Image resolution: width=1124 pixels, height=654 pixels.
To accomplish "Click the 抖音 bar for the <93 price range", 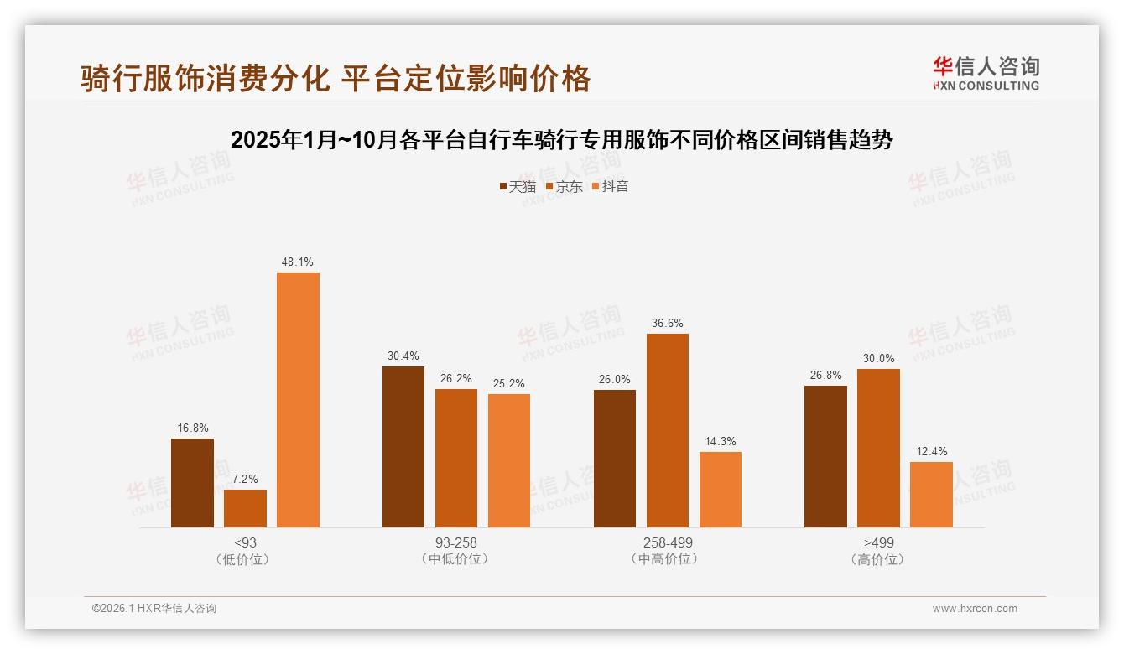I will point(298,400).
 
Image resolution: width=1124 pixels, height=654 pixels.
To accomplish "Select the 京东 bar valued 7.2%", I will point(245,509).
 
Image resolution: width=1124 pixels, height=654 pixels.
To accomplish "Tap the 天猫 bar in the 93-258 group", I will point(403,447).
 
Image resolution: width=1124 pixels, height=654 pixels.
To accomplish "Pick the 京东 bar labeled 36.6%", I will point(668,431).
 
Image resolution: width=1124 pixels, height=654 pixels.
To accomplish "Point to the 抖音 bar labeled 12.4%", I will point(931,495).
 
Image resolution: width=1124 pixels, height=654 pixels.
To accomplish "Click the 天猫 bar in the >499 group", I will point(825,457).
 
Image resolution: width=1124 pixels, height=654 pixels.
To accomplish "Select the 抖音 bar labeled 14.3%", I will point(721,490).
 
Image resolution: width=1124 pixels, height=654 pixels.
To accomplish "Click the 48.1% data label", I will point(298,262).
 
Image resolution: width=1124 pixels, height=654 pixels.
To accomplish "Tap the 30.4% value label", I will point(403,356).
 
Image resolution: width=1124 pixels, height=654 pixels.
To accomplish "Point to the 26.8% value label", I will point(825,376).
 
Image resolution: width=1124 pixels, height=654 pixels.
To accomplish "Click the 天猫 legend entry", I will point(518,187).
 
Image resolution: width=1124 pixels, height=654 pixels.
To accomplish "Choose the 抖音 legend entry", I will point(611,187).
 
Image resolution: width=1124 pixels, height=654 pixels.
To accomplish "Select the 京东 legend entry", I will point(565,187).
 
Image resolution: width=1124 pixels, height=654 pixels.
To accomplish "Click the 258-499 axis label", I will point(668,542).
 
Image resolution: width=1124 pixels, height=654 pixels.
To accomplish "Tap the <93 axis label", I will point(245,542).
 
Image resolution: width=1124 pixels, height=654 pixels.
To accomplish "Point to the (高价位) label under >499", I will point(878,559).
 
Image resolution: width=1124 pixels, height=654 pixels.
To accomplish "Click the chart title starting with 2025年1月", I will point(561,140).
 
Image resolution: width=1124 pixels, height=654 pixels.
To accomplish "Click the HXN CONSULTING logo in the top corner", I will point(986,74).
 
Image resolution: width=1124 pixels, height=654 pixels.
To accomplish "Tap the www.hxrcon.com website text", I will point(975,609).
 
